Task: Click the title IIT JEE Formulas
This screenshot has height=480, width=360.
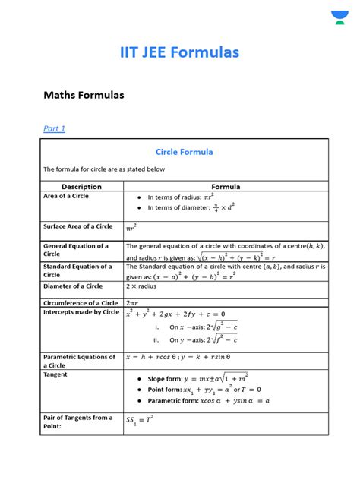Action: coord(179,52)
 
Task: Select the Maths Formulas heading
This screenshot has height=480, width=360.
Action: coord(84,96)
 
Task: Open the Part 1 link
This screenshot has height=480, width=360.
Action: coord(54,128)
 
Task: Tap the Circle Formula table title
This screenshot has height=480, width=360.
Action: coord(185,152)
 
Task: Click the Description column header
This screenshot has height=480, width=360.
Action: coord(81,186)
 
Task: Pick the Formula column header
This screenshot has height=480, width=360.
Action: coord(226,186)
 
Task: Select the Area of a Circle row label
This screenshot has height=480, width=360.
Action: coord(66,196)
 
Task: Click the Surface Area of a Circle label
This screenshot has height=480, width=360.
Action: coord(77,226)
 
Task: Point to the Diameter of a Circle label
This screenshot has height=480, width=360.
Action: coord(73,286)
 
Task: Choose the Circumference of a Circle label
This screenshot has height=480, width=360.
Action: coord(81,303)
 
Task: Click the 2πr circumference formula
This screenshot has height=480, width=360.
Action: coord(133,303)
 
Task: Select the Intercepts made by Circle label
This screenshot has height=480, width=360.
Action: coord(81,312)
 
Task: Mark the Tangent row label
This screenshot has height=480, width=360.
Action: coord(55,374)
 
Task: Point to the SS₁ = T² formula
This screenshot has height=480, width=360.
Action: coord(140,419)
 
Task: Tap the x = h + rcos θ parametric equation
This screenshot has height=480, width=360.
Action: coord(188,357)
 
